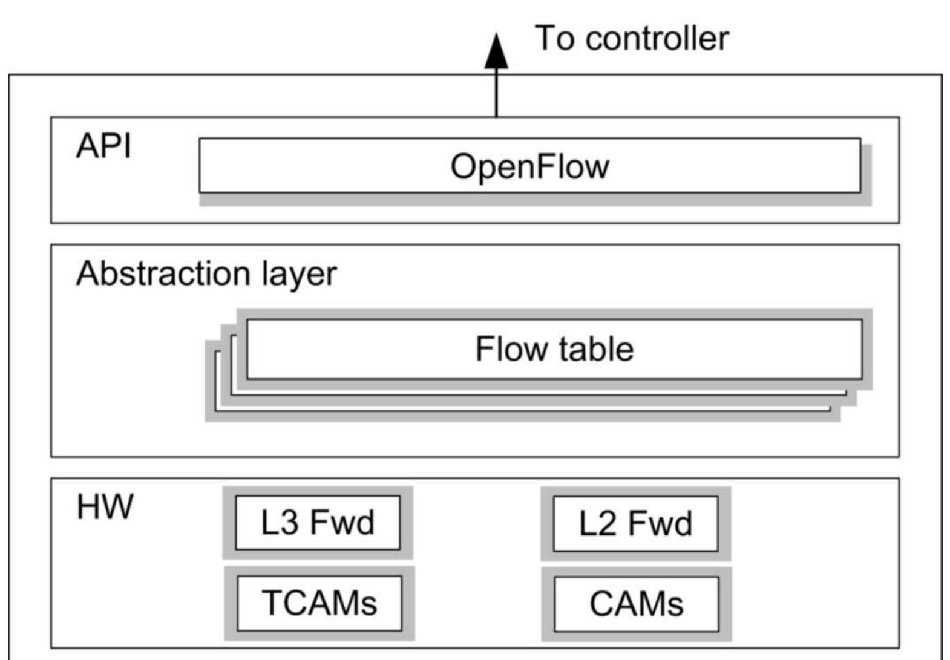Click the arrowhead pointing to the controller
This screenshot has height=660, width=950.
pyautogui.click(x=496, y=53)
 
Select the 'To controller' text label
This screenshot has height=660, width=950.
pyautogui.click(x=631, y=38)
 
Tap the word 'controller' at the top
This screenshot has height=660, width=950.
pyautogui.click(x=657, y=38)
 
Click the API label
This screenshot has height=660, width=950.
pyautogui.click(x=103, y=146)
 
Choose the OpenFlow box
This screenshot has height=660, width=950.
pyautogui.click(x=529, y=166)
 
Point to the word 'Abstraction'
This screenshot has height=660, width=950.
pyautogui.click(x=163, y=273)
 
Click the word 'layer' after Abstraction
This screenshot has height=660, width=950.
pyautogui.click(x=299, y=275)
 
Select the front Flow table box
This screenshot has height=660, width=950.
pyautogui.click(x=554, y=349)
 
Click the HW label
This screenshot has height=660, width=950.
pyautogui.click(x=105, y=507)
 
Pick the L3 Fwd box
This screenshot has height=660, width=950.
pyautogui.click(x=318, y=523)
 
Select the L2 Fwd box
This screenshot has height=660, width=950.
pyautogui.click(x=635, y=523)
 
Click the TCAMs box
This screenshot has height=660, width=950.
pyautogui.click(x=319, y=603)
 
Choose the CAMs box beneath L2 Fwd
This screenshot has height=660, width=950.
pyautogui.click(x=636, y=604)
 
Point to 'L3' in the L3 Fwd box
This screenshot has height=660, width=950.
pyautogui.click(x=280, y=523)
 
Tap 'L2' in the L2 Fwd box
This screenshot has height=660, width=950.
pyautogui.click(x=597, y=523)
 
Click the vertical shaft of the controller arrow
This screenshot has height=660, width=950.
pyautogui.click(x=496, y=94)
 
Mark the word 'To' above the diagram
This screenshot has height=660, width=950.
pyautogui.click(x=554, y=38)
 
